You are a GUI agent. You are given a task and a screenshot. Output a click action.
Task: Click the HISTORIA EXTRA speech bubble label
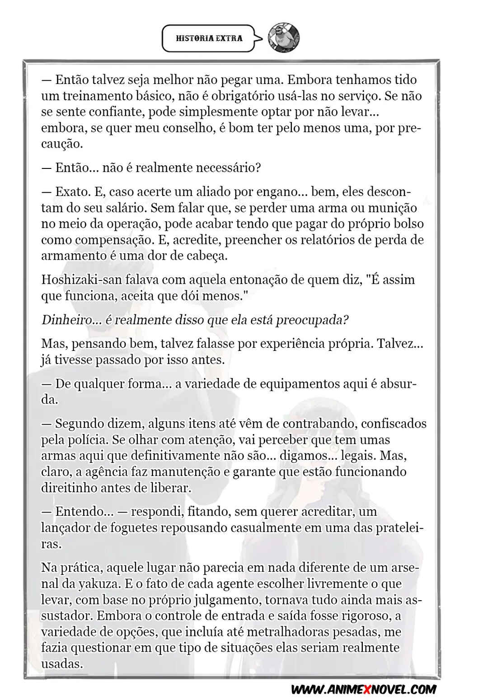[209, 38]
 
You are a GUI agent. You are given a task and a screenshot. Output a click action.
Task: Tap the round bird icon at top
[283, 37]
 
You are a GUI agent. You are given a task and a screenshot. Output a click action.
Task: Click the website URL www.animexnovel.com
[364, 689]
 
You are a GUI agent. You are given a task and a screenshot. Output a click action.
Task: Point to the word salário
[126, 208]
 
